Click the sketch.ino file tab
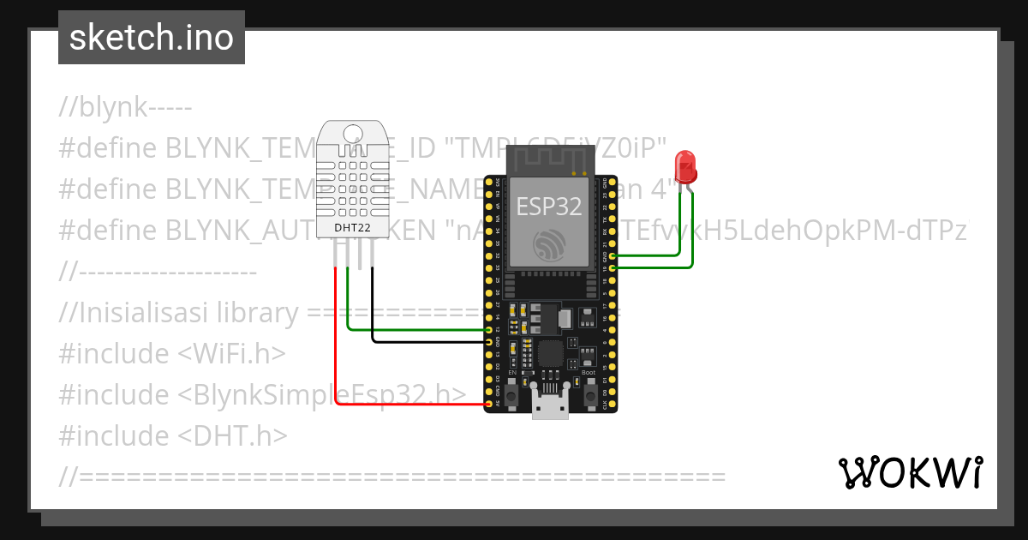[152, 38]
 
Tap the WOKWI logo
[910, 472]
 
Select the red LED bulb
[685, 166]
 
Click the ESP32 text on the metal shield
[548, 207]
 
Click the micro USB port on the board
[549, 404]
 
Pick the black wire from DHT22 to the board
[428, 342]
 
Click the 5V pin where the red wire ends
[489, 403]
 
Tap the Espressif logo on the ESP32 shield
[548, 245]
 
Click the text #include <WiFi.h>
[171, 354]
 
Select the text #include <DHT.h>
[172, 436]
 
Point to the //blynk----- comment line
[125, 108]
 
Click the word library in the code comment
[258, 313]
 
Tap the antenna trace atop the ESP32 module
[549, 159]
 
